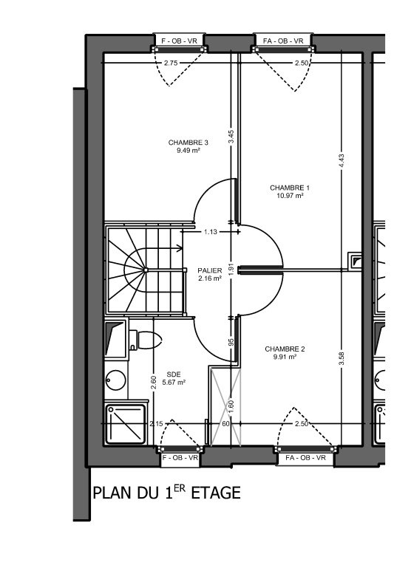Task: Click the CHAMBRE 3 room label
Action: pos(188,143)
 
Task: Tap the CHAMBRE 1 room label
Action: pos(290,188)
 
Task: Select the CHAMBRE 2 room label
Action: pos(285,349)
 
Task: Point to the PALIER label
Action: pos(210,270)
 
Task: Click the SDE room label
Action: pos(174,374)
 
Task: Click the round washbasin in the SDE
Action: pos(116,380)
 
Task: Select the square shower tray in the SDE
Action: pos(126,425)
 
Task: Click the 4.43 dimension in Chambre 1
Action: pos(342,161)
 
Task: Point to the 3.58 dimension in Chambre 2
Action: pos(342,359)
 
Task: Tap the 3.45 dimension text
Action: pos(231,137)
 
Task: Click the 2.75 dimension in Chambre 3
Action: pos(171,63)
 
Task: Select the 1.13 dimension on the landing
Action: pos(210,232)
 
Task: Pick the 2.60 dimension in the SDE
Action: pos(153,383)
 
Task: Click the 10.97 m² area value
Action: pos(290,196)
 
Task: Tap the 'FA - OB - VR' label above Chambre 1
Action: pos(283,41)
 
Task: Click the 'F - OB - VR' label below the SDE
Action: pos(180,458)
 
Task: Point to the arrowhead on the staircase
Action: pos(180,248)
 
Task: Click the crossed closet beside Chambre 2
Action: pos(225,406)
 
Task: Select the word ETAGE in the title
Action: pos(216,493)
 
